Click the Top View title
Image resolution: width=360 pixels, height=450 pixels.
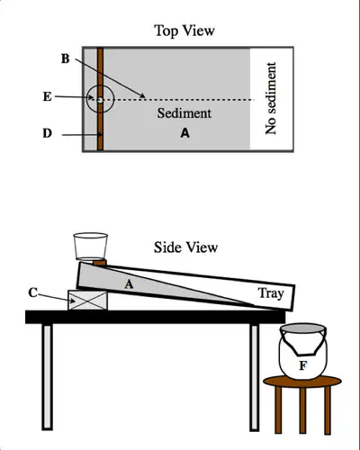click(184, 31)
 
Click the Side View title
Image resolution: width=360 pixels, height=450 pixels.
click(185, 247)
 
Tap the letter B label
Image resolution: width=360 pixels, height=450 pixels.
click(66, 58)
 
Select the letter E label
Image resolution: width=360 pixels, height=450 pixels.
click(47, 96)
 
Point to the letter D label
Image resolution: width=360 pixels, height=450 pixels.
click(47, 133)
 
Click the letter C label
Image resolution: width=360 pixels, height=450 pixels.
click(33, 292)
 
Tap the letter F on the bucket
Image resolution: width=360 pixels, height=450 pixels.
click(303, 365)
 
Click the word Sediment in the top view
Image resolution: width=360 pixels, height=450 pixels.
click(184, 113)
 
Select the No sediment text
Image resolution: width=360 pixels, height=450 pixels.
click(270, 99)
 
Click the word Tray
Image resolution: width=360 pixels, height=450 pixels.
click(271, 293)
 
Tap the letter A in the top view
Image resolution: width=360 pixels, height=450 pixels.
click(185, 132)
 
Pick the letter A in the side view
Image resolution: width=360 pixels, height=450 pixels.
click(129, 283)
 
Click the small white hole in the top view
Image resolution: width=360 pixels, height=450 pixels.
click(100, 100)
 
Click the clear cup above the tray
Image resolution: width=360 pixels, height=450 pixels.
click(90, 247)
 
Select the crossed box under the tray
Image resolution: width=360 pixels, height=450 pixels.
click(87, 300)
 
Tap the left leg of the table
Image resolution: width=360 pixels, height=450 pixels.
click(48, 377)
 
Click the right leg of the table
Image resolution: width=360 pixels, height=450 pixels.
click(255, 377)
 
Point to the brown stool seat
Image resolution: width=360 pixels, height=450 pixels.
click(302, 382)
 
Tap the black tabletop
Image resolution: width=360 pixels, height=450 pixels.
click(156, 317)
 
